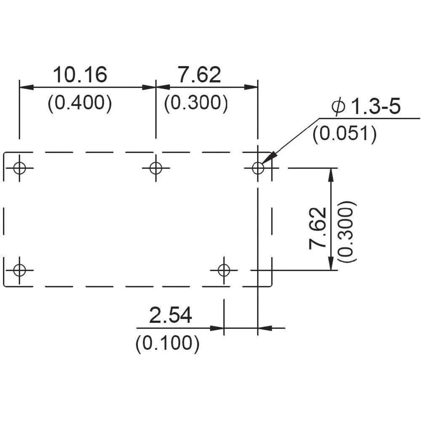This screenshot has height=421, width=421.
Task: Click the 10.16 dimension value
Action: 80,75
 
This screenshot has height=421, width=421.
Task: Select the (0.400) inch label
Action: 80,103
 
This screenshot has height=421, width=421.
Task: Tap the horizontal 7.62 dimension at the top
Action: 199,75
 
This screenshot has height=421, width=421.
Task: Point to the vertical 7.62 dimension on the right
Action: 318,228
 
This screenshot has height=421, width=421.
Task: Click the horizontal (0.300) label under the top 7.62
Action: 196,103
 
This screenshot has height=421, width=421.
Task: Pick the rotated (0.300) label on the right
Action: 348,232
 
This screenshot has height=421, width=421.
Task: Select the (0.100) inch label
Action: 167,344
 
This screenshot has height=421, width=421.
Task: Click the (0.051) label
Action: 344,134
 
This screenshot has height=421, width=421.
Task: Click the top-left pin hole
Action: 19,168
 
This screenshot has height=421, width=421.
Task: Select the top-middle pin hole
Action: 156,168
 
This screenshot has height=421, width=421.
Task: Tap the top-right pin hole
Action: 258,168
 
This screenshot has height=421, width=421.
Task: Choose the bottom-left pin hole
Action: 19,270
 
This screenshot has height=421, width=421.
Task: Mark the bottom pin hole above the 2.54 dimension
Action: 224,270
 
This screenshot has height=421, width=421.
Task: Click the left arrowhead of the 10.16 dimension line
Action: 26,87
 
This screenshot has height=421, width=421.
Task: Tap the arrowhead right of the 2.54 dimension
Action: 264,328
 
